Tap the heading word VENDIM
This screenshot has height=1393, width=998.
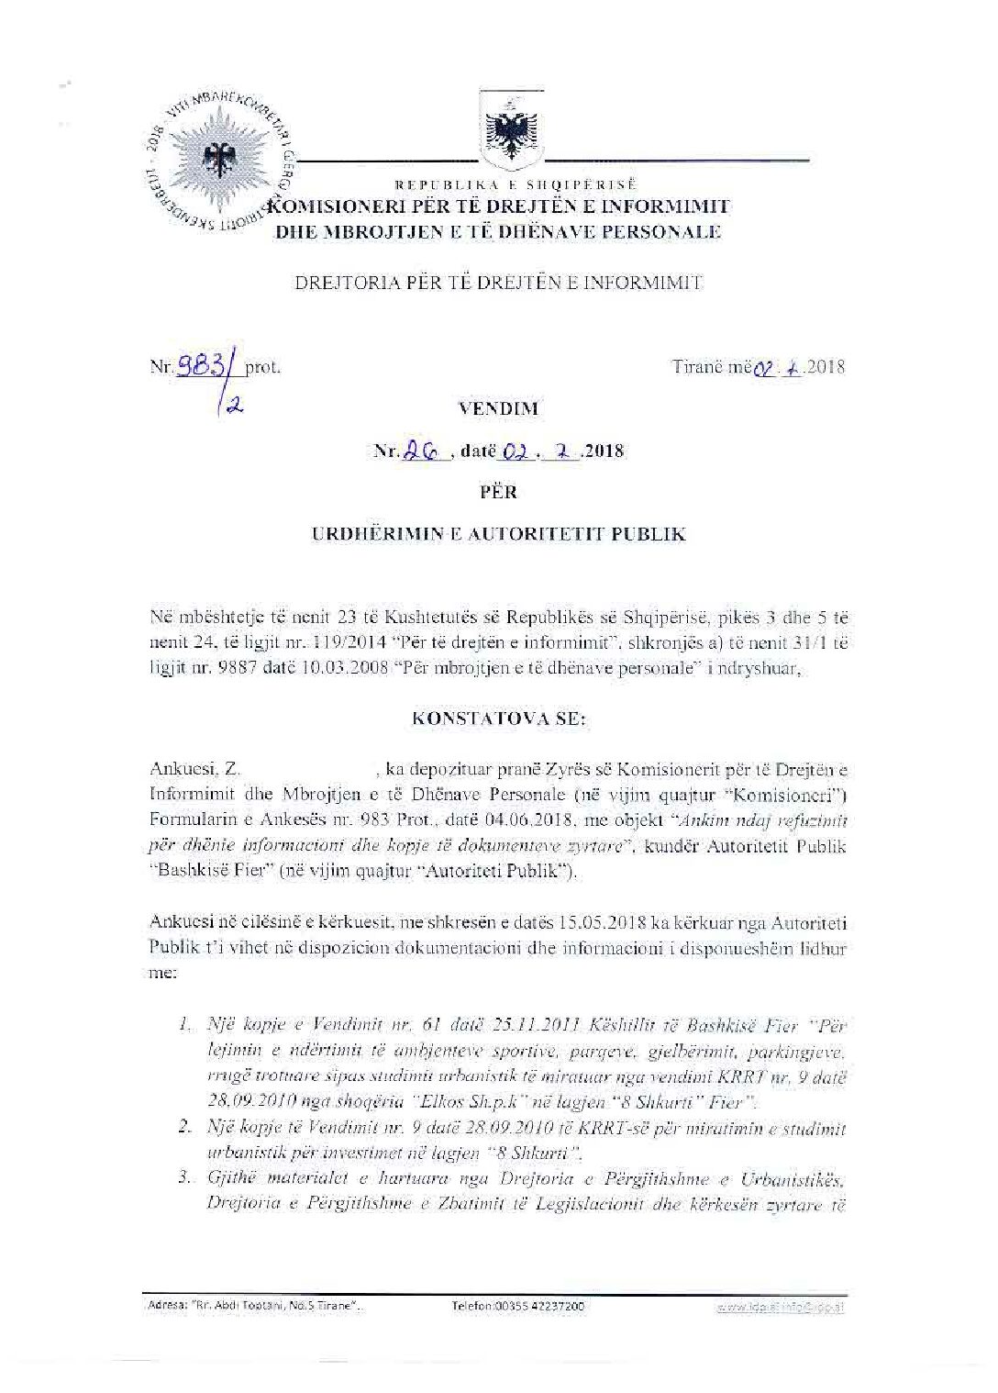click(498, 409)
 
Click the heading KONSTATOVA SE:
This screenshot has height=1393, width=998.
click(498, 719)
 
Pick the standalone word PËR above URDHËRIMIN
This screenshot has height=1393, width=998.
click(498, 492)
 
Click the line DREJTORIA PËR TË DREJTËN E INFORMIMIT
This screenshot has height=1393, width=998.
click(498, 283)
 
